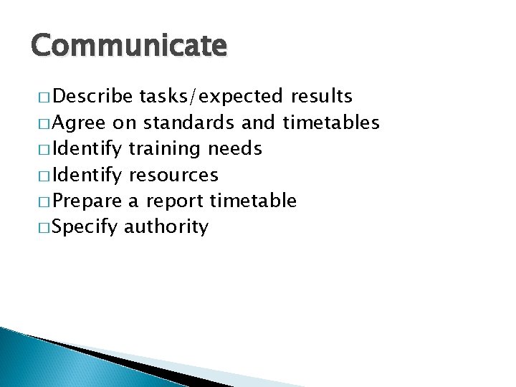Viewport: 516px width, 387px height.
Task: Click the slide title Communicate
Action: point(128,47)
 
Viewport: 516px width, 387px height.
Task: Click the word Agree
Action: point(80,123)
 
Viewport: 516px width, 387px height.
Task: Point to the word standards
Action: point(187,123)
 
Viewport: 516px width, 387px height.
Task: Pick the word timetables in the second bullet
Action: point(331,123)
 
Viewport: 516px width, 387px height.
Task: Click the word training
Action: point(165,148)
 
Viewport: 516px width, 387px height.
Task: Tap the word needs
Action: point(234,148)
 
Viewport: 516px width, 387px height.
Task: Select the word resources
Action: point(173,175)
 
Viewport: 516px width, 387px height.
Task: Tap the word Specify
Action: point(85,228)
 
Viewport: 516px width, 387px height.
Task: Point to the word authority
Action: point(166,228)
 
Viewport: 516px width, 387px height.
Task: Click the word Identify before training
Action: point(88,148)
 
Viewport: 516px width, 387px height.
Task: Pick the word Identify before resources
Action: point(88,175)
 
